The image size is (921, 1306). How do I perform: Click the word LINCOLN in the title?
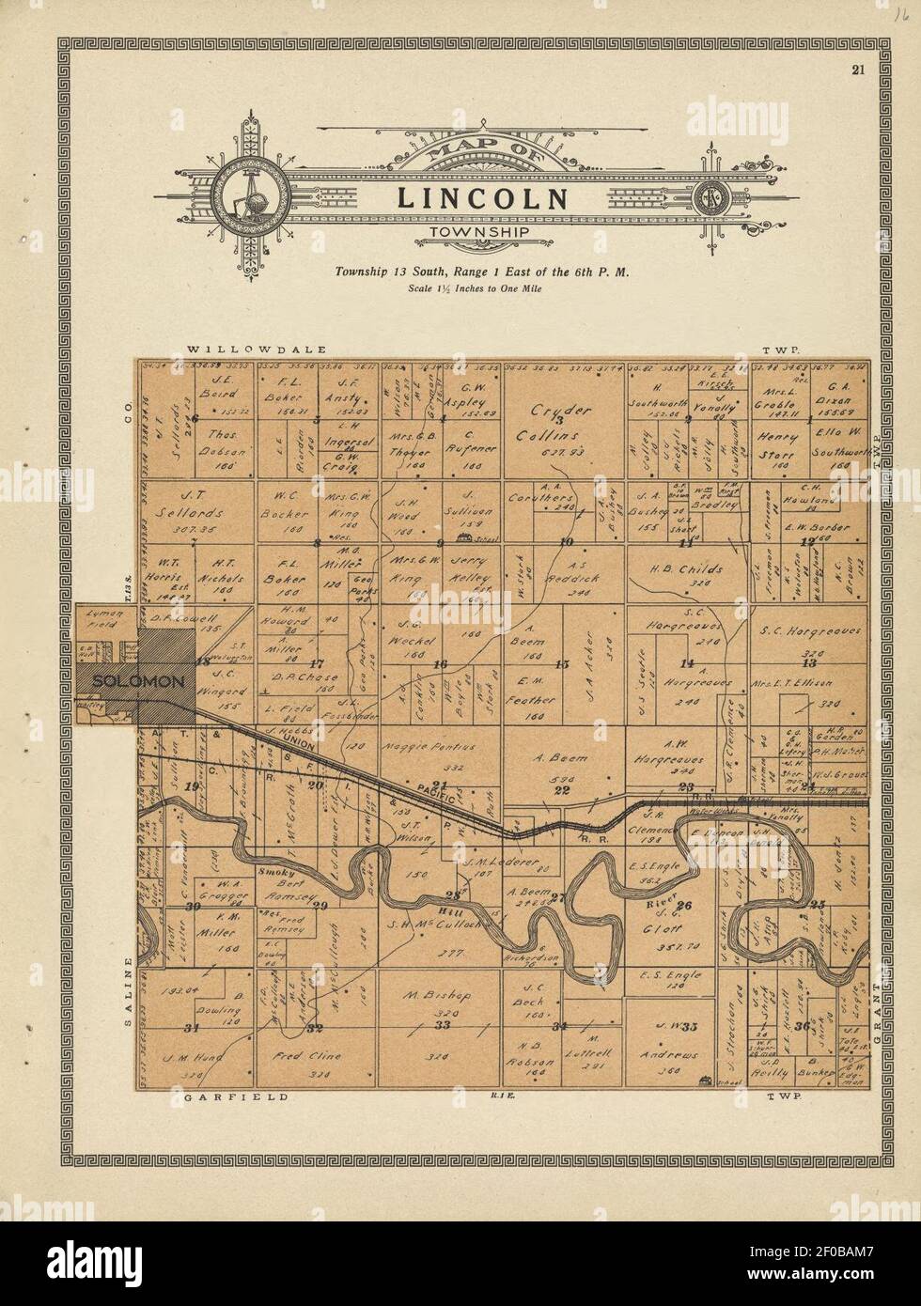tap(482, 199)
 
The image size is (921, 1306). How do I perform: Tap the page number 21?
tap(858, 69)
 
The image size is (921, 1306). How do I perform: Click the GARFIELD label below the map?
tap(221, 1096)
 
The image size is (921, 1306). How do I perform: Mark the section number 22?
tap(562, 790)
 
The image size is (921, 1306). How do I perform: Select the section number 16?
tap(440, 664)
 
